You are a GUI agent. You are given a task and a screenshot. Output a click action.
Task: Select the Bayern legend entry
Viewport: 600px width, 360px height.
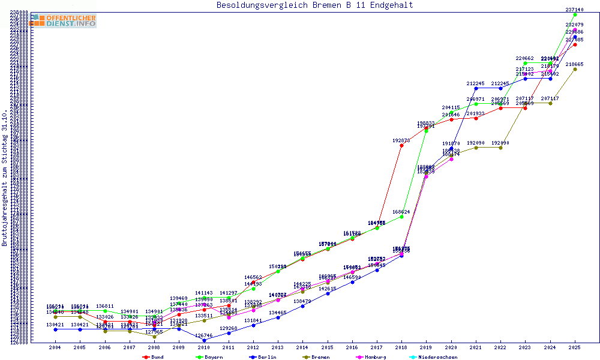[x=209, y=357]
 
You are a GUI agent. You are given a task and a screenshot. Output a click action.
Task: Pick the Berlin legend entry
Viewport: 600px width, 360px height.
[x=263, y=357]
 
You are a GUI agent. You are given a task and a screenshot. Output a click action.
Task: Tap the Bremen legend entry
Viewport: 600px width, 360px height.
[x=317, y=357]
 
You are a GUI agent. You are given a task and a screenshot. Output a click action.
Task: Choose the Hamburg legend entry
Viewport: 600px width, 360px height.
[x=374, y=357]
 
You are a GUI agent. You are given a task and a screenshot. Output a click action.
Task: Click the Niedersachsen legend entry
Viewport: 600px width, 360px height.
[x=435, y=357]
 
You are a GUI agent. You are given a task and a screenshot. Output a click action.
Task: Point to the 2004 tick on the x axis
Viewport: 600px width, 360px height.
[x=55, y=347]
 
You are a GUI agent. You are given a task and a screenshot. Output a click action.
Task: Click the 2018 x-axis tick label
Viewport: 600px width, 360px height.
[x=401, y=347]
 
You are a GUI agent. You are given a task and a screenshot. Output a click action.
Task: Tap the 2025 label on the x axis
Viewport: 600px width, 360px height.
[x=575, y=347]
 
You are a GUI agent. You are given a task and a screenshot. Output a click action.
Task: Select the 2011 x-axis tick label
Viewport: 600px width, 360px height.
[x=229, y=347]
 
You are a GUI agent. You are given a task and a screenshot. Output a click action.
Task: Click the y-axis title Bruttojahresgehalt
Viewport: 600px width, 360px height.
[x=5, y=178]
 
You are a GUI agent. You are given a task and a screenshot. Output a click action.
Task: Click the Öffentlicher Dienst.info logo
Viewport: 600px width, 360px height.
[x=64, y=21]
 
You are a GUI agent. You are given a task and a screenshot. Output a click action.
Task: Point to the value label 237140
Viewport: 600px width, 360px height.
[x=575, y=10]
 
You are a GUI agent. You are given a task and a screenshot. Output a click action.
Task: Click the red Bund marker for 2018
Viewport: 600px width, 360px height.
[x=401, y=146]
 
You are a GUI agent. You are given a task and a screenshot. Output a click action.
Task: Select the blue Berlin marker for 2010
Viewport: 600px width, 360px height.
[x=204, y=340]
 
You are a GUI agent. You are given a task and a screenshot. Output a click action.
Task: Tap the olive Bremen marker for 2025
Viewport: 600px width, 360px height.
[x=575, y=69]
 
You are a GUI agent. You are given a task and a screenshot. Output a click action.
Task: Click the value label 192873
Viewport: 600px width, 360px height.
[x=401, y=140]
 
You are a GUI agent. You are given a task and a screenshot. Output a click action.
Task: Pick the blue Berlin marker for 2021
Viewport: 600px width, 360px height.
[x=476, y=88]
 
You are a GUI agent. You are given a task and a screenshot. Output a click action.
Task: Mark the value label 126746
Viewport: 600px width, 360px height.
[x=204, y=335]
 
